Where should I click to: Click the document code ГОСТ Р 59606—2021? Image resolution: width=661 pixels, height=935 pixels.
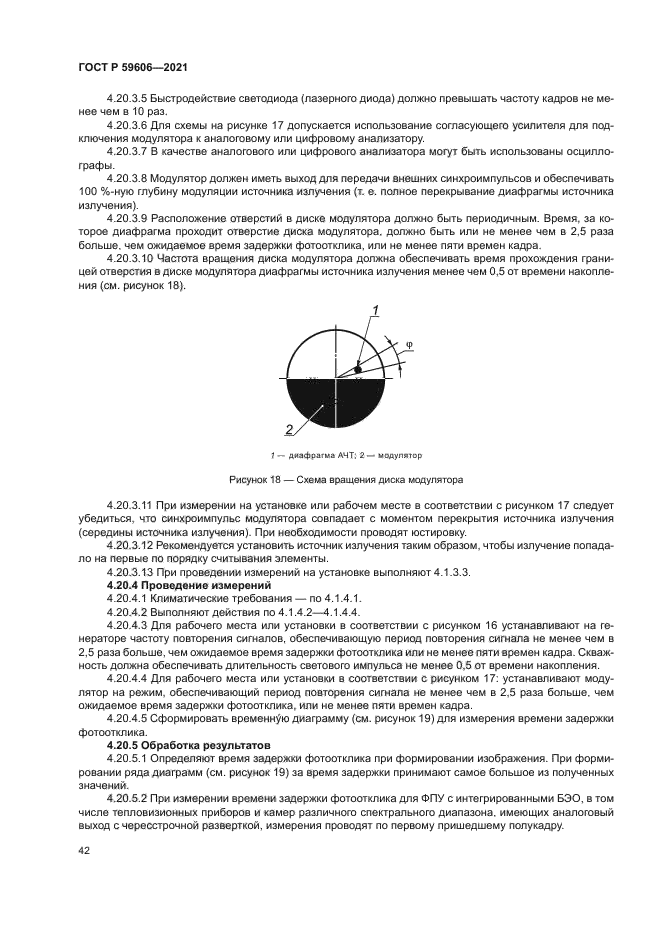point(134,67)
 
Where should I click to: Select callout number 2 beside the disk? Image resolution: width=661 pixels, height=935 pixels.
point(288,430)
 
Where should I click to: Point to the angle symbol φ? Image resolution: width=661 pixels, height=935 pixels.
point(408,347)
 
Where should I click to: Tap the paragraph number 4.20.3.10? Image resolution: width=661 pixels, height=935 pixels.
point(131,257)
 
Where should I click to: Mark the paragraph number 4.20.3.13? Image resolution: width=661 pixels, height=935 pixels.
point(131,570)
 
